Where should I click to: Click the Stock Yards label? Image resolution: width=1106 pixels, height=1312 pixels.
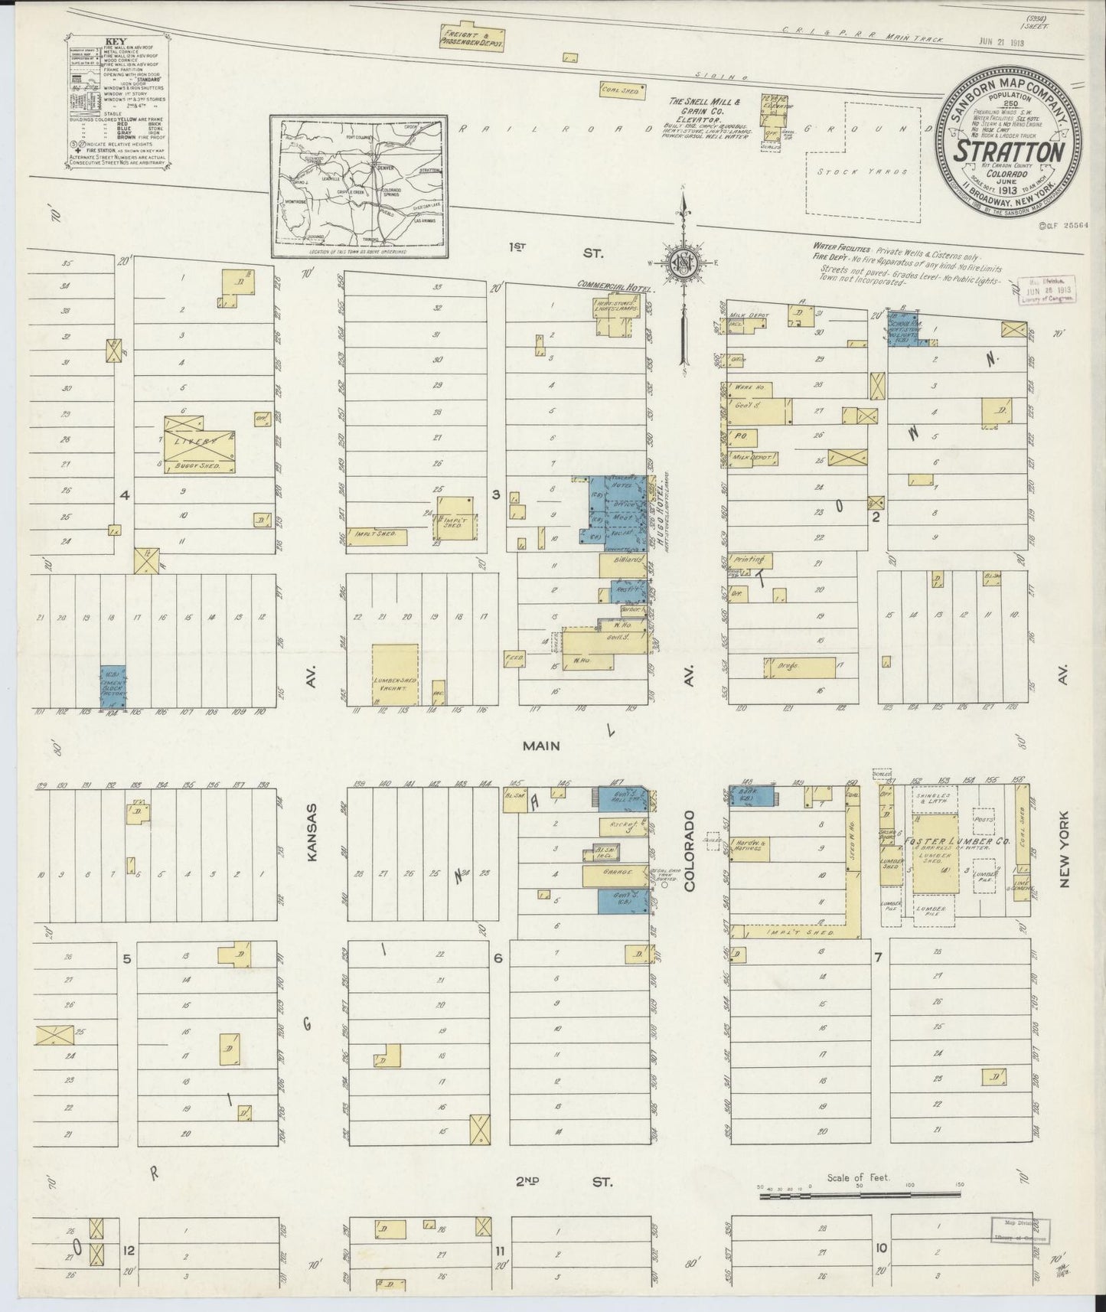pos(862,171)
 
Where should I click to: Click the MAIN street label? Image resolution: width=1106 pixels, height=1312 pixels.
pos(543,745)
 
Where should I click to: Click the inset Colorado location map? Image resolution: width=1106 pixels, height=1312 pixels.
pos(358,185)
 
